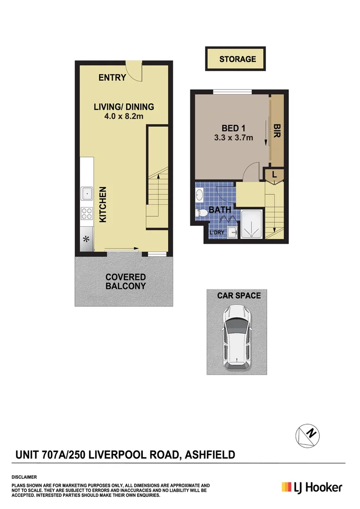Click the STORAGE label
tap(237, 59)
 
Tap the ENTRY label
tap(112, 78)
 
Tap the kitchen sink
tap(87, 193)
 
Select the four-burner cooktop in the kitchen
tap(87, 214)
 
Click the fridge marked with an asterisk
tap(87, 239)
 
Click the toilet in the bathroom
tap(202, 213)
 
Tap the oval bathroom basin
tap(200, 194)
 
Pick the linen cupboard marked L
tap(274, 175)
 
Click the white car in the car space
tap(236, 337)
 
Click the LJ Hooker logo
tap(311, 487)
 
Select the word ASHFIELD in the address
tap(210, 455)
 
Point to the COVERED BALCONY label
tap(125, 281)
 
